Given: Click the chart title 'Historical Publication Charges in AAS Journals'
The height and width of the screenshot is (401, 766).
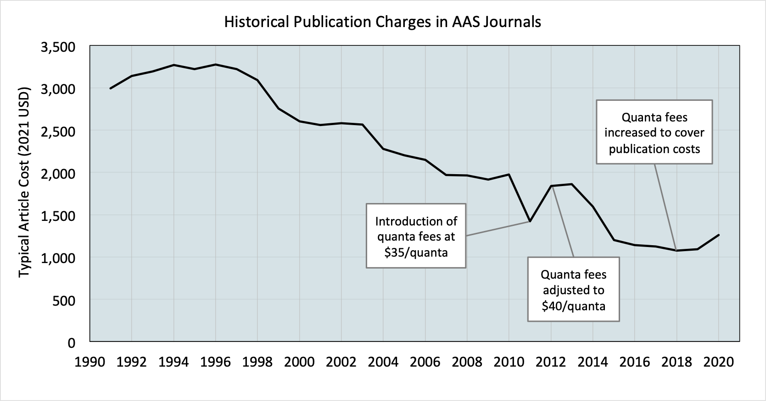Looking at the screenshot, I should [x=382, y=22].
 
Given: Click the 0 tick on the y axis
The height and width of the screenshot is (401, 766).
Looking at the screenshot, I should [x=71, y=342].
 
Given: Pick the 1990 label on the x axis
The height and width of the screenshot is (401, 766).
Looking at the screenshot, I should [x=89, y=362].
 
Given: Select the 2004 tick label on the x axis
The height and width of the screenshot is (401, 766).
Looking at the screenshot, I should [x=383, y=362].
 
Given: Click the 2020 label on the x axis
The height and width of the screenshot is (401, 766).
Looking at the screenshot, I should [x=718, y=362].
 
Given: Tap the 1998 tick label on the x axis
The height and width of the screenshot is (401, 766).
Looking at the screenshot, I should [x=257, y=362].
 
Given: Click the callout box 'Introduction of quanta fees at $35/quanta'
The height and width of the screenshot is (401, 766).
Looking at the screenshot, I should [x=416, y=236].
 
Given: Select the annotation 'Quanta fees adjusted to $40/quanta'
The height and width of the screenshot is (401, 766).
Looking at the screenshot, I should [x=573, y=289].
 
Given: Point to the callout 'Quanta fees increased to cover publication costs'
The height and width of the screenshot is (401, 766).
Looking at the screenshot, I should [x=654, y=132].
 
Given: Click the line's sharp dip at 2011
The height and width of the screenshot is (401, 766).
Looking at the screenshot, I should [x=530, y=221].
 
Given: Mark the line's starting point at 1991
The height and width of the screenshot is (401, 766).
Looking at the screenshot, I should [x=111, y=88].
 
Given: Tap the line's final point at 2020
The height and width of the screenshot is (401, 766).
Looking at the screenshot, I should [x=718, y=235].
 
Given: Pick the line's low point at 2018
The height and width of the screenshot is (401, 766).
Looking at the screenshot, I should [x=677, y=250].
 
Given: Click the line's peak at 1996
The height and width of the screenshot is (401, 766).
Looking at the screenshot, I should [x=216, y=65].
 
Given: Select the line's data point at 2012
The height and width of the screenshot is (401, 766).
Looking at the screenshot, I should [x=551, y=186].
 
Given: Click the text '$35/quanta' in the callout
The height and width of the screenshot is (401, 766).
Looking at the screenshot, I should [x=416, y=252].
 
